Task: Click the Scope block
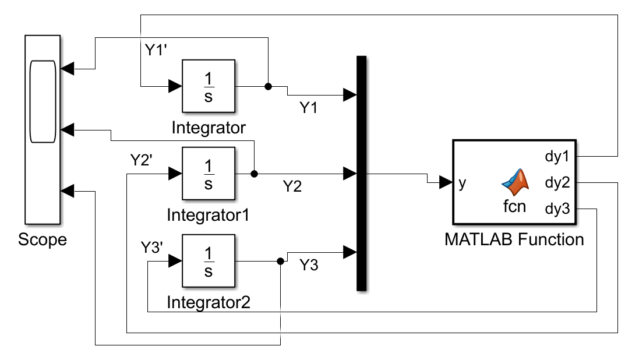(x=43, y=129)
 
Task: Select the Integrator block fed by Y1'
(x=209, y=86)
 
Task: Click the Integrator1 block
(x=209, y=173)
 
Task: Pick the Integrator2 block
(x=209, y=262)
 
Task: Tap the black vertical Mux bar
(x=361, y=173)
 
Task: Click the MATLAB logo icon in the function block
(x=515, y=182)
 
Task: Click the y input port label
(x=462, y=183)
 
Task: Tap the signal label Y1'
(x=156, y=49)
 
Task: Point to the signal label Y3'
(x=154, y=247)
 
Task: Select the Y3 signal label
(x=309, y=265)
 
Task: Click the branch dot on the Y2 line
(x=254, y=174)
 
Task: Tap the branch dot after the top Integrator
(x=268, y=86)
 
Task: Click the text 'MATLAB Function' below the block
(x=514, y=239)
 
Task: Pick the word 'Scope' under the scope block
(x=43, y=239)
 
